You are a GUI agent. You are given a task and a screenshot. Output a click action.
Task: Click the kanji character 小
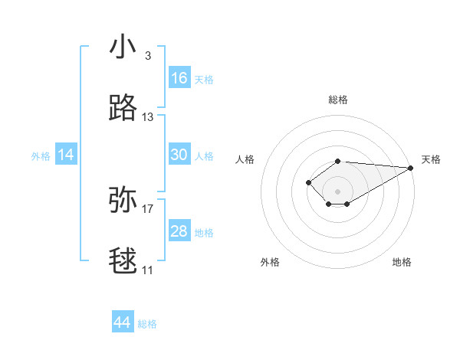pos(123,47)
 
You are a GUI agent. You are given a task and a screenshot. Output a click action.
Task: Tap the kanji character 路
pos(123,109)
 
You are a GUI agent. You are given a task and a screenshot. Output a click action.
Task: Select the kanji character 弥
pos(123,200)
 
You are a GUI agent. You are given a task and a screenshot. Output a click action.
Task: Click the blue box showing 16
pos(179,78)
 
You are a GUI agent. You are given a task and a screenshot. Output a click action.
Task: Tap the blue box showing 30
pos(179,155)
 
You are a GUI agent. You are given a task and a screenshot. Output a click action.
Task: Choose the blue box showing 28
pos(179,231)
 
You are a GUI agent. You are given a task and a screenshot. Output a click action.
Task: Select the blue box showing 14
pos(66,155)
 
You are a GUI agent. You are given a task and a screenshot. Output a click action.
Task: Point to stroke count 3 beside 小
pos(147,56)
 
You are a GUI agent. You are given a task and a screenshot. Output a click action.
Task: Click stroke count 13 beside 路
pos(148,117)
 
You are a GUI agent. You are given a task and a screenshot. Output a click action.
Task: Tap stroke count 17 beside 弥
pos(148,208)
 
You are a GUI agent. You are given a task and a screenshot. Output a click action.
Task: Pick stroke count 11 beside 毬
pos(148,270)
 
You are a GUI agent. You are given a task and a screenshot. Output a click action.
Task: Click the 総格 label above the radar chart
pos(338,100)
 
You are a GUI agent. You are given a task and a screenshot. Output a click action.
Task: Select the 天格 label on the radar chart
pos(431,159)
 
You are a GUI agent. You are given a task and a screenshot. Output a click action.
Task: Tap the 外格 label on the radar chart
pos(270,262)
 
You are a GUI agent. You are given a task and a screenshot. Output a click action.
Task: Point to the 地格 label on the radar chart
pos(402,262)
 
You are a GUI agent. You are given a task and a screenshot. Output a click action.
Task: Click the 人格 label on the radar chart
pos(245,159)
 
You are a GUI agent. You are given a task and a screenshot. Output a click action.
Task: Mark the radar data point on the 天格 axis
pos(411,168)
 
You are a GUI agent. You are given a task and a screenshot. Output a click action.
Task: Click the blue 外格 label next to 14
pos(41,155)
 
